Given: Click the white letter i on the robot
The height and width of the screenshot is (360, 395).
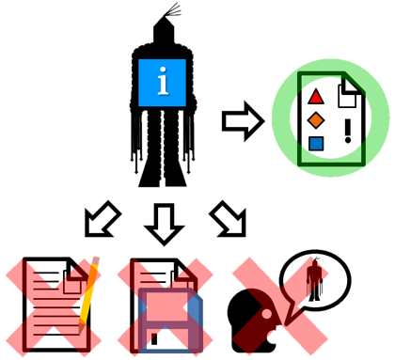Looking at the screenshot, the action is [165, 84].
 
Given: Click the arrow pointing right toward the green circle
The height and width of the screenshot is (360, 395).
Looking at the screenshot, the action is [241, 122].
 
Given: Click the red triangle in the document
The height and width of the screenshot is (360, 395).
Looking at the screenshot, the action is [316, 96].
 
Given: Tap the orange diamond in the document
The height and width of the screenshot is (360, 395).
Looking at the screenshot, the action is [316, 119].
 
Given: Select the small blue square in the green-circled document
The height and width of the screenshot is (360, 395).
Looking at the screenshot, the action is [316, 143].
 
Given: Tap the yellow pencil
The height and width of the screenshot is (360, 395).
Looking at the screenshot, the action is [88, 292].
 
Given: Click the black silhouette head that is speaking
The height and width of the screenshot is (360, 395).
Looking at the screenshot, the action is [250, 320].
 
